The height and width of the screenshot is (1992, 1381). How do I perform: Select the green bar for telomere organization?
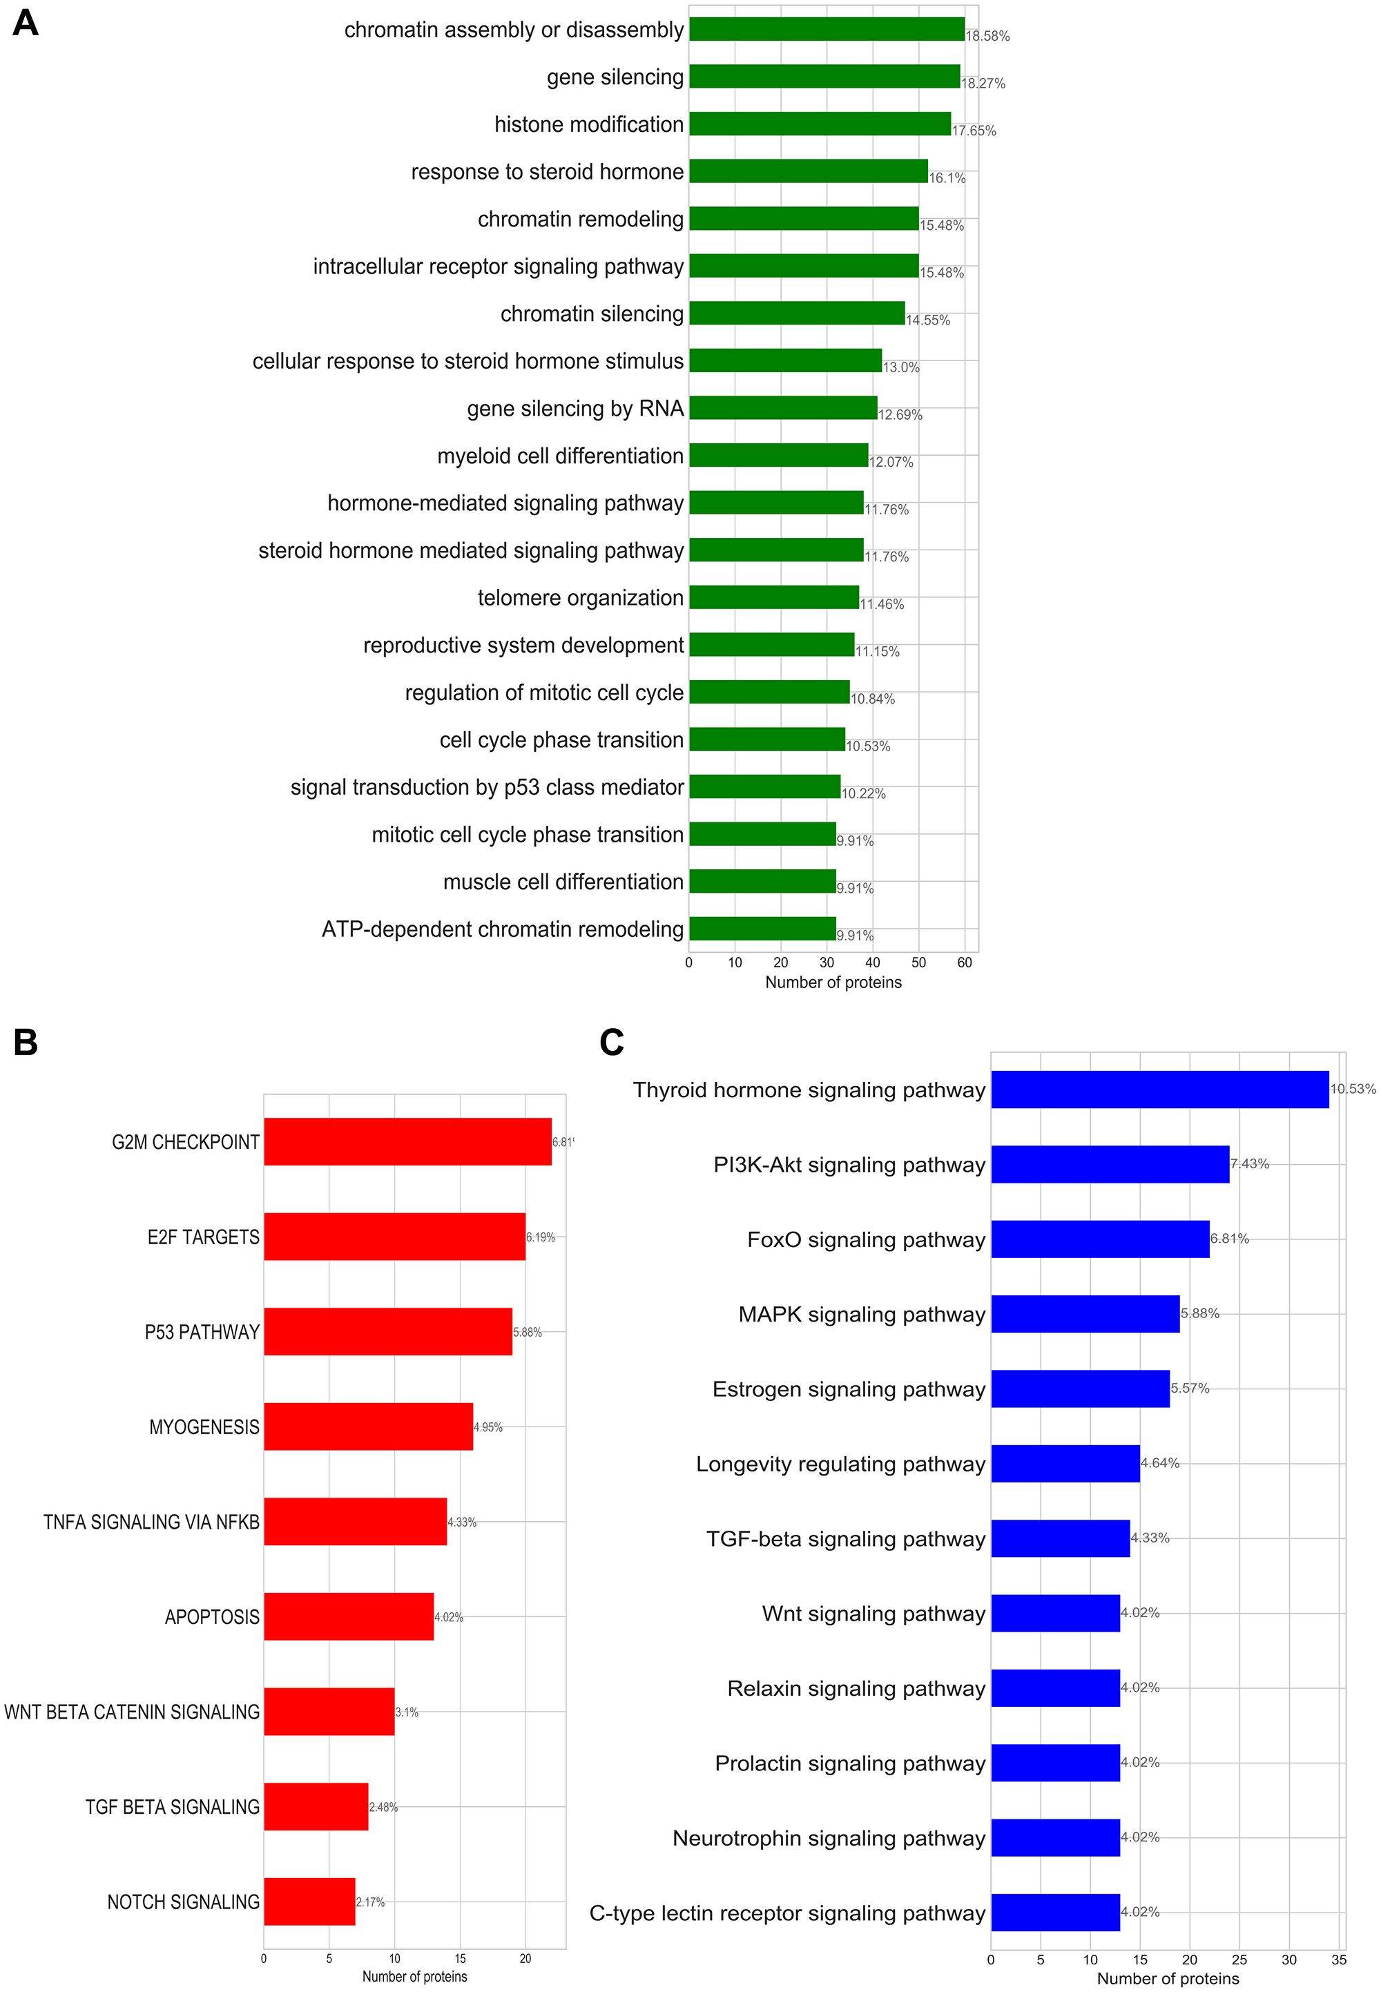(x=773, y=597)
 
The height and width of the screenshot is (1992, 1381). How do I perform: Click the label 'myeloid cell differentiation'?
(x=560, y=456)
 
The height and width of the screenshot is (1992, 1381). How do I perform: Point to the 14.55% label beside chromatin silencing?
(x=927, y=320)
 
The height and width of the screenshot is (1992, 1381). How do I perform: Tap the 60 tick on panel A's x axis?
(x=965, y=963)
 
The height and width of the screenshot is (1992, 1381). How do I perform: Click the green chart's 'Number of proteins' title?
(x=833, y=982)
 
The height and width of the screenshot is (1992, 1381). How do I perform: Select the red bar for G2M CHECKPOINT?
(x=407, y=1141)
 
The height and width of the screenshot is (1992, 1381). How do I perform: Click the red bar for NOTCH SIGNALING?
(x=309, y=1901)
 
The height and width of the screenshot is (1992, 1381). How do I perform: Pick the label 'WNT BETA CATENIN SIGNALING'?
(x=131, y=1712)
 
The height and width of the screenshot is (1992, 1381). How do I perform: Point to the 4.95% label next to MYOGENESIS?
(x=488, y=1427)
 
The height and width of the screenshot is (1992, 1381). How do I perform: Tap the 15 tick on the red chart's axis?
(x=459, y=1958)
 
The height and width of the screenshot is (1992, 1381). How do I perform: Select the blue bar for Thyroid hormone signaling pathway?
(x=1159, y=1090)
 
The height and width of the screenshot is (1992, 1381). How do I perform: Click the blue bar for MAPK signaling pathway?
(x=1085, y=1313)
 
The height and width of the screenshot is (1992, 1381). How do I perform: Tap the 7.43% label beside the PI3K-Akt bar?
(x=1250, y=1164)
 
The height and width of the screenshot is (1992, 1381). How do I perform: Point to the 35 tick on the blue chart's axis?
(x=1339, y=1959)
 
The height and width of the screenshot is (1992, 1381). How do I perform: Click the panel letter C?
(x=611, y=1043)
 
